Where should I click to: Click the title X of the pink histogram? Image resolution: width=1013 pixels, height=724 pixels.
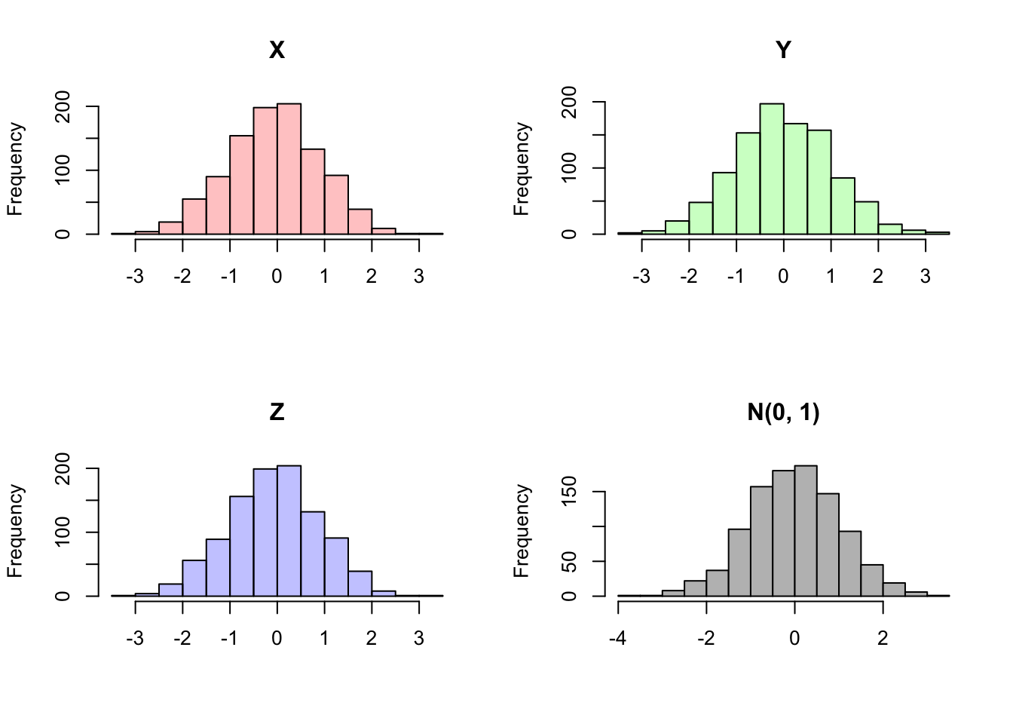click(277, 50)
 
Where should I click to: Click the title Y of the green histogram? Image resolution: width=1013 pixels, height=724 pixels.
click(783, 50)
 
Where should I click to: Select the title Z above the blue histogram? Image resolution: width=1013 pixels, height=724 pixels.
click(277, 412)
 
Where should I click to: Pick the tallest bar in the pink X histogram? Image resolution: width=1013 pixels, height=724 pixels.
click(289, 170)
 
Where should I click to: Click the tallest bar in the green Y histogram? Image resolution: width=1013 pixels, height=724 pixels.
click(772, 170)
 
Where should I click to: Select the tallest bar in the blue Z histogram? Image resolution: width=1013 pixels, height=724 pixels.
click(289, 532)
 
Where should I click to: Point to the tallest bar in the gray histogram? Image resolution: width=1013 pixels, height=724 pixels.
click(806, 532)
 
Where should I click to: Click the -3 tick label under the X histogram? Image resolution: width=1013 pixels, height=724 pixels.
click(135, 277)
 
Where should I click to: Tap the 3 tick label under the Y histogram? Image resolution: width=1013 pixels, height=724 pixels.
click(926, 277)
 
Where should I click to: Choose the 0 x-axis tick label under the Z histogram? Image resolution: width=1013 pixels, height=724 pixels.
click(277, 639)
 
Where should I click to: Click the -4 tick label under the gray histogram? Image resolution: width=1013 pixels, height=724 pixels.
click(618, 639)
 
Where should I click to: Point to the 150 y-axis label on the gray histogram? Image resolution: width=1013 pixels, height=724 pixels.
click(571, 492)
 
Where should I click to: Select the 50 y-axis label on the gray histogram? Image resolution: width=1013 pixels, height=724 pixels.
click(571, 562)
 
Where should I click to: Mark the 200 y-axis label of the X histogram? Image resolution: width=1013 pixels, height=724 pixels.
click(64, 106)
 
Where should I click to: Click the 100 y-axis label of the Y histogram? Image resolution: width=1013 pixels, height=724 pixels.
click(571, 167)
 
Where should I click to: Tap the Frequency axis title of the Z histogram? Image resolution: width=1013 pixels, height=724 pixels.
click(15, 531)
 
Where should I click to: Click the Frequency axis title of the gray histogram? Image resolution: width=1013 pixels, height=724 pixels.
click(522, 531)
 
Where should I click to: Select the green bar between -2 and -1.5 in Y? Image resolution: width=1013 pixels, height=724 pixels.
click(700, 219)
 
